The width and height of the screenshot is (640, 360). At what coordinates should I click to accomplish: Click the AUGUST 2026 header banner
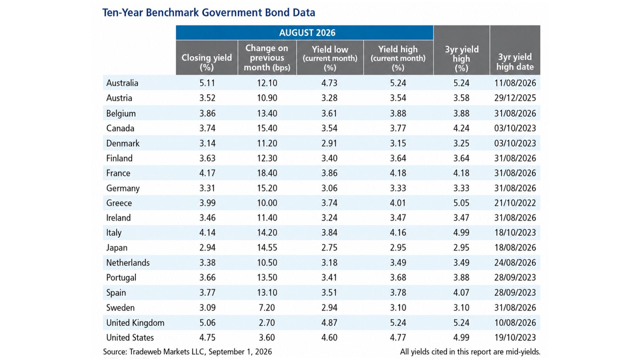[304, 33]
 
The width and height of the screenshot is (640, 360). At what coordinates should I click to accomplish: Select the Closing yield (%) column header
[207, 62]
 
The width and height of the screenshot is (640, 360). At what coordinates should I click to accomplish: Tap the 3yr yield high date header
[515, 62]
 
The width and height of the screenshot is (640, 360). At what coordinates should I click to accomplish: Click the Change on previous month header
[267, 58]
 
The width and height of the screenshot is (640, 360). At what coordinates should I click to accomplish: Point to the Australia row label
[122, 83]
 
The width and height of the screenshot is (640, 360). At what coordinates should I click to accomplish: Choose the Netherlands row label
[128, 263]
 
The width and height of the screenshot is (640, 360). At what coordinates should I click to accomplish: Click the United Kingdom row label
[135, 323]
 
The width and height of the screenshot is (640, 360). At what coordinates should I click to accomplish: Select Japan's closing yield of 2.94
[207, 248]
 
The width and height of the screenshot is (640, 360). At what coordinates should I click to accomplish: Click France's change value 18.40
[267, 173]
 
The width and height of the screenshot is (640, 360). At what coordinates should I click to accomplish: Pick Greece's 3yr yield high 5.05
[461, 203]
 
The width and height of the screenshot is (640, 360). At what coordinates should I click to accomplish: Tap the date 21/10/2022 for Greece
[515, 203]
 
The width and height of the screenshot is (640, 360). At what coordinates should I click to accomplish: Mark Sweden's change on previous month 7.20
[267, 308]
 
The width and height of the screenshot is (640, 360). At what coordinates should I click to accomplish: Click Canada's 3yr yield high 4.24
[461, 128]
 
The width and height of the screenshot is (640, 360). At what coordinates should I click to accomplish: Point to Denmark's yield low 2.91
[329, 143]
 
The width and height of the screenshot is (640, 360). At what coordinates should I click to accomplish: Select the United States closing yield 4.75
[207, 338]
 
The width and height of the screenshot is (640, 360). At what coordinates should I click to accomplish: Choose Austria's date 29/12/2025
[515, 98]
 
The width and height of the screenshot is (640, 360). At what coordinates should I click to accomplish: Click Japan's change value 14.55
[267, 248]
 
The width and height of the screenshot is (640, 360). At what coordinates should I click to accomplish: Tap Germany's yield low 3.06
[329, 188]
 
